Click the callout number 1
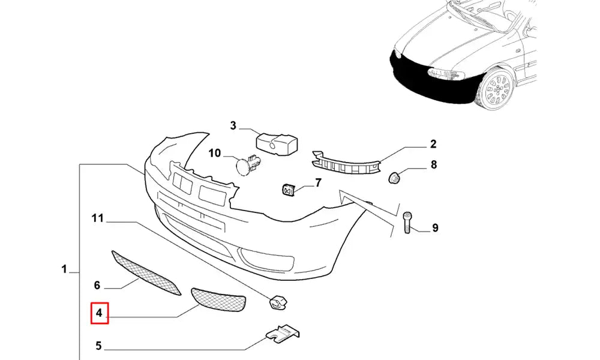[x=64, y=270]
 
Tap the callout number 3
[x=233, y=126]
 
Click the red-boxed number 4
[x=99, y=313]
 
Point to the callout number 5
[x=99, y=346]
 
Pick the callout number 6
[x=96, y=286]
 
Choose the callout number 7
[x=318, y=182]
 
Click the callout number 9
[x=435, y=227]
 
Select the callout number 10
[x=215, y=154]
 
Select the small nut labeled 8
[x=395, y=177]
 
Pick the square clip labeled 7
[x=288, y=190]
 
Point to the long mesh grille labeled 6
[x=146, y=273]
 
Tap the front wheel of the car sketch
[x=497, y=90]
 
